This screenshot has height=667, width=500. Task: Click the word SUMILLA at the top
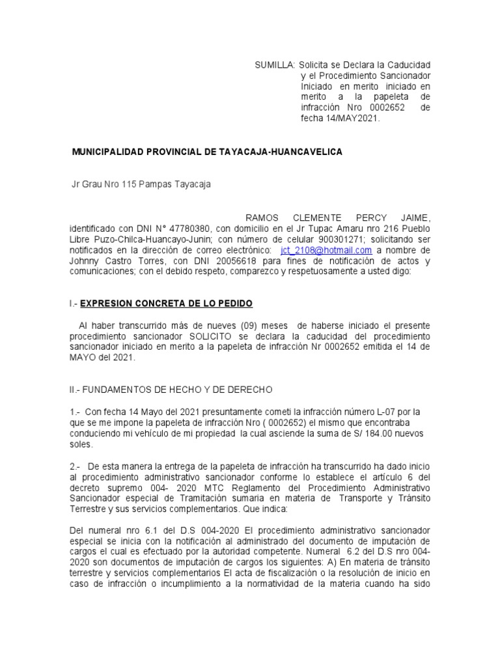(x=274, y=66)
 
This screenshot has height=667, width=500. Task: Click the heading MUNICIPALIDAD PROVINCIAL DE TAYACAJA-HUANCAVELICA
(x=206, y=151)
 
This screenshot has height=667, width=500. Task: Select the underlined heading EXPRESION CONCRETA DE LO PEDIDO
(x=166, y=304)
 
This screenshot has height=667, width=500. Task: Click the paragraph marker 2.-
(x=76, y=466)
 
